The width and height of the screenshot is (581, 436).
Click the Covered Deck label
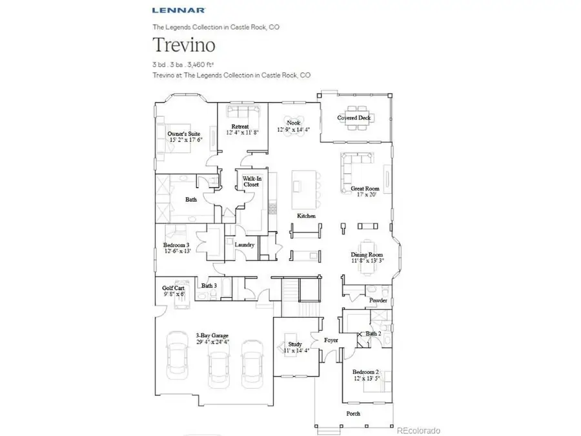pyautogui.click(x=354, y=118)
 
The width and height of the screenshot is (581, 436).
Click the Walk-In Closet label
pyautogui.click(x=250, y=182)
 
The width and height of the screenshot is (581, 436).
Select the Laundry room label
pyautogui.click(x=244, y=245)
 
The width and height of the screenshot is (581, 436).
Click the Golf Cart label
pyautogui.click(x=174, y=291)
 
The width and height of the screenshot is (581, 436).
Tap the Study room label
pyautogui.click(x=294, y=347)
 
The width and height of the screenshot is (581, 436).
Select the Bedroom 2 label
pyautogui.click(x=365, y=375)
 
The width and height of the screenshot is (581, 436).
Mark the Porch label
pyautogui.click(x=352, y=413)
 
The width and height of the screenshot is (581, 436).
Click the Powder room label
pyautogui.click(x=378, y=301)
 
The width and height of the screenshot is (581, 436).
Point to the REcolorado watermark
pyautogui.click(x=418, y=430)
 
